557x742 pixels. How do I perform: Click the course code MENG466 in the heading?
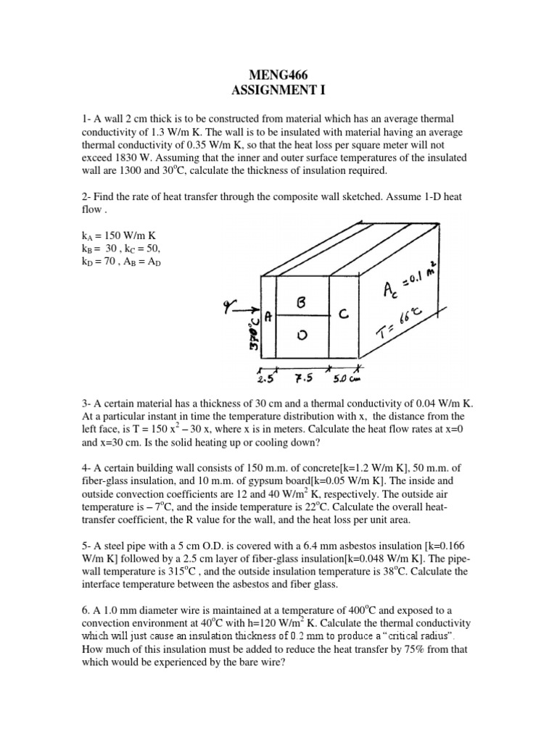click(279, 75)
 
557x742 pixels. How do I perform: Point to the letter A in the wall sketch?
click(268, 316)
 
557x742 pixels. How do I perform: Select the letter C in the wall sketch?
click(344, 314)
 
